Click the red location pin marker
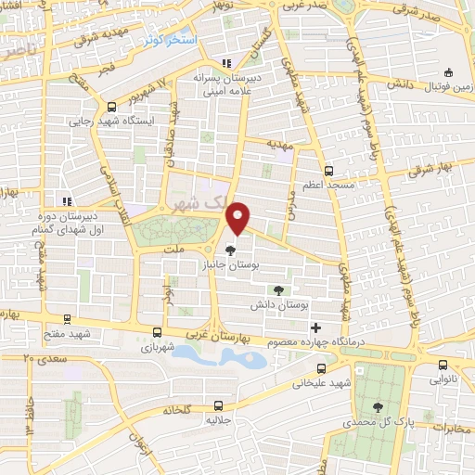(x=239, y=218)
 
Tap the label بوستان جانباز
(x=232, y=265)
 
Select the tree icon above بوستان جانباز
(x=231, y=250)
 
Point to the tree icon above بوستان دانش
(x=279, y=290)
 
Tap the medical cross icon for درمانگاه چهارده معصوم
(x=316, y=327)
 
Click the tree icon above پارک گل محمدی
(x=378, y=406)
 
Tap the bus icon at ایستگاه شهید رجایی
(x=112, y=107)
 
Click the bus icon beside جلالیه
(x=219, y=404)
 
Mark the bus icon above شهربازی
(x=157, y=330)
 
